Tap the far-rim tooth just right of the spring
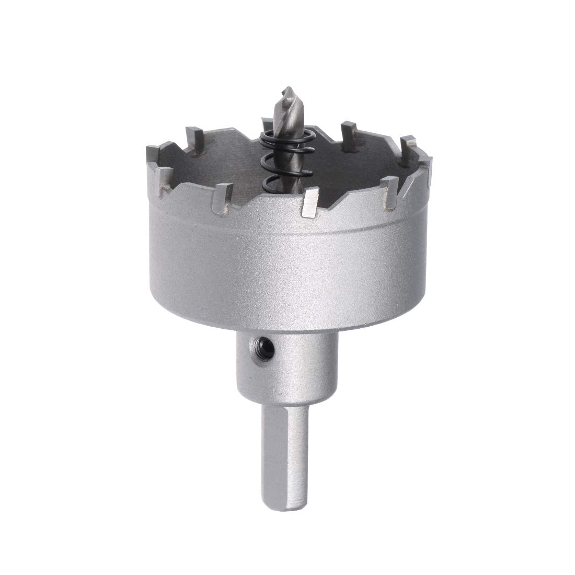pyautogui.click(x=347, y=130)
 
